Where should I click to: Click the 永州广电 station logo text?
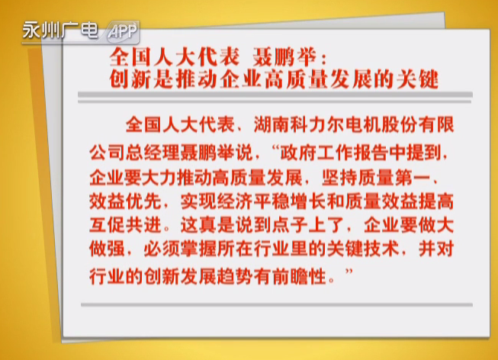pos(60,31)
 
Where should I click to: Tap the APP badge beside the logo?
pos(122,32)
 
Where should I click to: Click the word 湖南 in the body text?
pos(271,124)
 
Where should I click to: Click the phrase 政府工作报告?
pos(334,153)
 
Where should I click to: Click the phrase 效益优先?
pos(125,201)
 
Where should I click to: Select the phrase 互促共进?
pos(125,225)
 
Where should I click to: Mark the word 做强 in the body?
pos(107,249)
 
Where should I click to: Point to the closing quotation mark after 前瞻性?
pos(349,272)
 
